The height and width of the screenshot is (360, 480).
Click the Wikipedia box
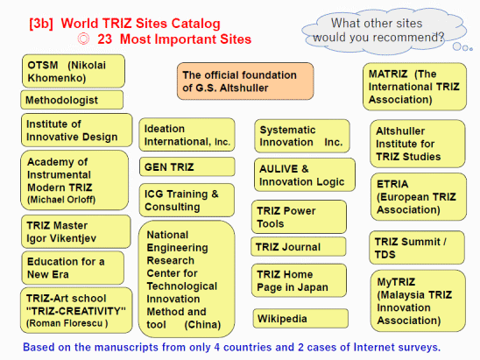click(x=300, y=318)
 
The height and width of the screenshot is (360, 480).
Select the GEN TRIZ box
click(x=187, y=166)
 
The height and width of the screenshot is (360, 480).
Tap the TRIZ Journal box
click(x=299, y=246)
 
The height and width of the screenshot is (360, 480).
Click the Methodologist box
click(x=72, y=100)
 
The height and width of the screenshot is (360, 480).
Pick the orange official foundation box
click(x=245, y=81)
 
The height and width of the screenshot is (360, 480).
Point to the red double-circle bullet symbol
click(x=83, y=39)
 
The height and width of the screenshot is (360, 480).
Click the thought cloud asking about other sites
click(x=384, y=31)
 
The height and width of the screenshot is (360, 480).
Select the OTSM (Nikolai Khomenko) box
click(x=74, y=71)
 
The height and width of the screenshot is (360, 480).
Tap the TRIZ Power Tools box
click(x=299, y=216)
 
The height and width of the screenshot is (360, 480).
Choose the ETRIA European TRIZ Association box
click(x=419, y=197)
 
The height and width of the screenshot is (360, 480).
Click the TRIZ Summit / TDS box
click(x=417, y=248)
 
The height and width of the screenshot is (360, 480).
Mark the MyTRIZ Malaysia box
click(x=418, y=300)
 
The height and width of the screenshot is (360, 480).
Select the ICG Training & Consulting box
click(x=187, y=200)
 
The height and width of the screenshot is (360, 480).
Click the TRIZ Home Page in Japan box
click(x=299, y=280)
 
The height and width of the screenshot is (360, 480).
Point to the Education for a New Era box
click(x=73, y=268)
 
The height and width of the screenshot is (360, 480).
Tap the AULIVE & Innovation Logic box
click(x=305, y=175)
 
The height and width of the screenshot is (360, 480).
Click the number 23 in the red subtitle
click(x=105, y=39)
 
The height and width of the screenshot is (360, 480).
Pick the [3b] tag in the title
click(x=41, y=24)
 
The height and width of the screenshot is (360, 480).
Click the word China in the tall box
click(x=202, y=324)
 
